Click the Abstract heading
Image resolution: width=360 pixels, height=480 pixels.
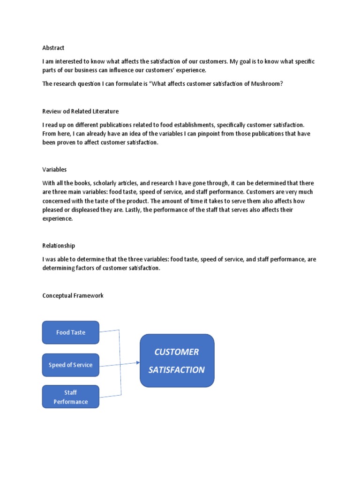[53, 48]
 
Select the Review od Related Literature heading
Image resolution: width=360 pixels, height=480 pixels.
[80, 111]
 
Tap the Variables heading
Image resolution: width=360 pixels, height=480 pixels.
[54, 169]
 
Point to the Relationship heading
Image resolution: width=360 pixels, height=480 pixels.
[59, 246]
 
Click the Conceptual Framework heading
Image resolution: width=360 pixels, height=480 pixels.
[73, 296]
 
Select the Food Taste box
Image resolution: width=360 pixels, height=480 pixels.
[71, 332]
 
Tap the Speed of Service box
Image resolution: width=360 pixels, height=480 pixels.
[71, 365]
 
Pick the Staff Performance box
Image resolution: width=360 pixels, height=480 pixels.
[71, 397]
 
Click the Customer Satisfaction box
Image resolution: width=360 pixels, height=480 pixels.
[177, 360]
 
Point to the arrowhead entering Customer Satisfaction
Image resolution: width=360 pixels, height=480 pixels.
[138, 362]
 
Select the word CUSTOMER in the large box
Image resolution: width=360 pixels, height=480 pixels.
[177, 352]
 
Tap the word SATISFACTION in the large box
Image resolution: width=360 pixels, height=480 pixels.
[177, 370]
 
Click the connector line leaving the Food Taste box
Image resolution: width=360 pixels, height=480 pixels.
[110, 330]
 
